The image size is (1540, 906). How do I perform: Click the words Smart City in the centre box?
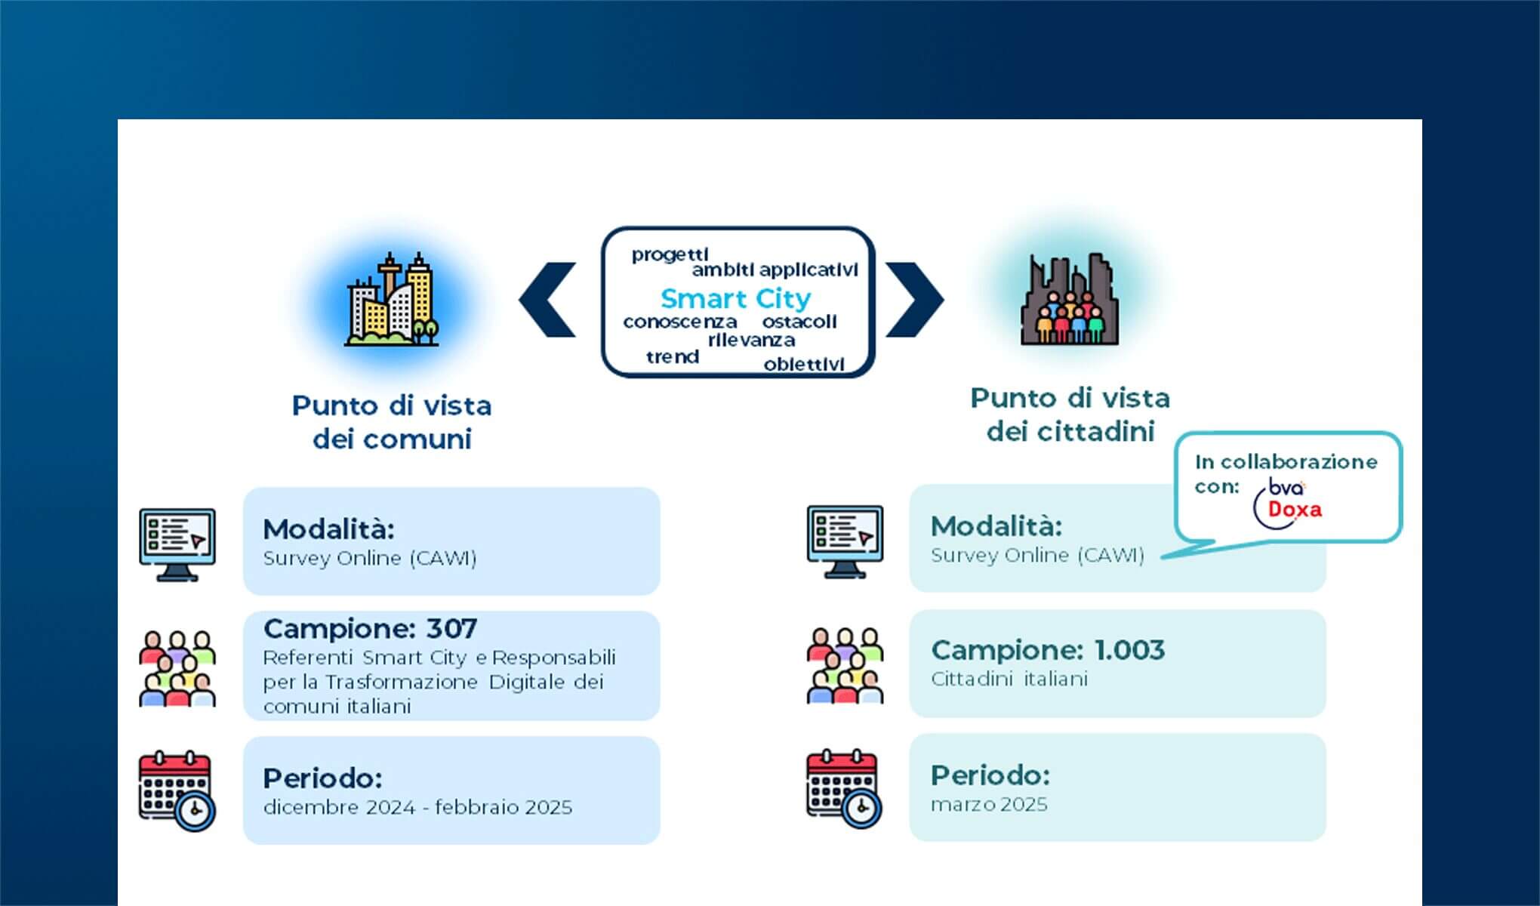coord(735,299)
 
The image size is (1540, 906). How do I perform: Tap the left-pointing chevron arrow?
coord(548,300)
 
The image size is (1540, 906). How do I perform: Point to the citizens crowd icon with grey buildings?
coord(1069,301)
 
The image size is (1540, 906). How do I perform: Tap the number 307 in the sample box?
coord(451,629)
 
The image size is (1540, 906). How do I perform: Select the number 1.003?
coord(1129,650)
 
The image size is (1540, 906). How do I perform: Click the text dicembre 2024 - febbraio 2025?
coord(417,808)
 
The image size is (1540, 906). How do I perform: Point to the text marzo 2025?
coord(989,805)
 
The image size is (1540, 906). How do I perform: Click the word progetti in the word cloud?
coord(670,254)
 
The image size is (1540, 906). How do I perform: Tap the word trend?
coord(673,357)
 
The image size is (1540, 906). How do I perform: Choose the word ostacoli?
coord(799,322)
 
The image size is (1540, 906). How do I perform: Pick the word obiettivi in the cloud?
coord(804,365)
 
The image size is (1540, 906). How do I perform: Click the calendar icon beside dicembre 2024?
coord(177,790)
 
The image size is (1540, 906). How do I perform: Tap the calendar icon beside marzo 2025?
coord(844,788)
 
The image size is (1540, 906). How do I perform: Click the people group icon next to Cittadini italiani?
coord(845,665)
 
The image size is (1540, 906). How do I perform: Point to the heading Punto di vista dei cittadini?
coord(1070,414)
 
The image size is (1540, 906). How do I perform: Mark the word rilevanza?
coord(751,341)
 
